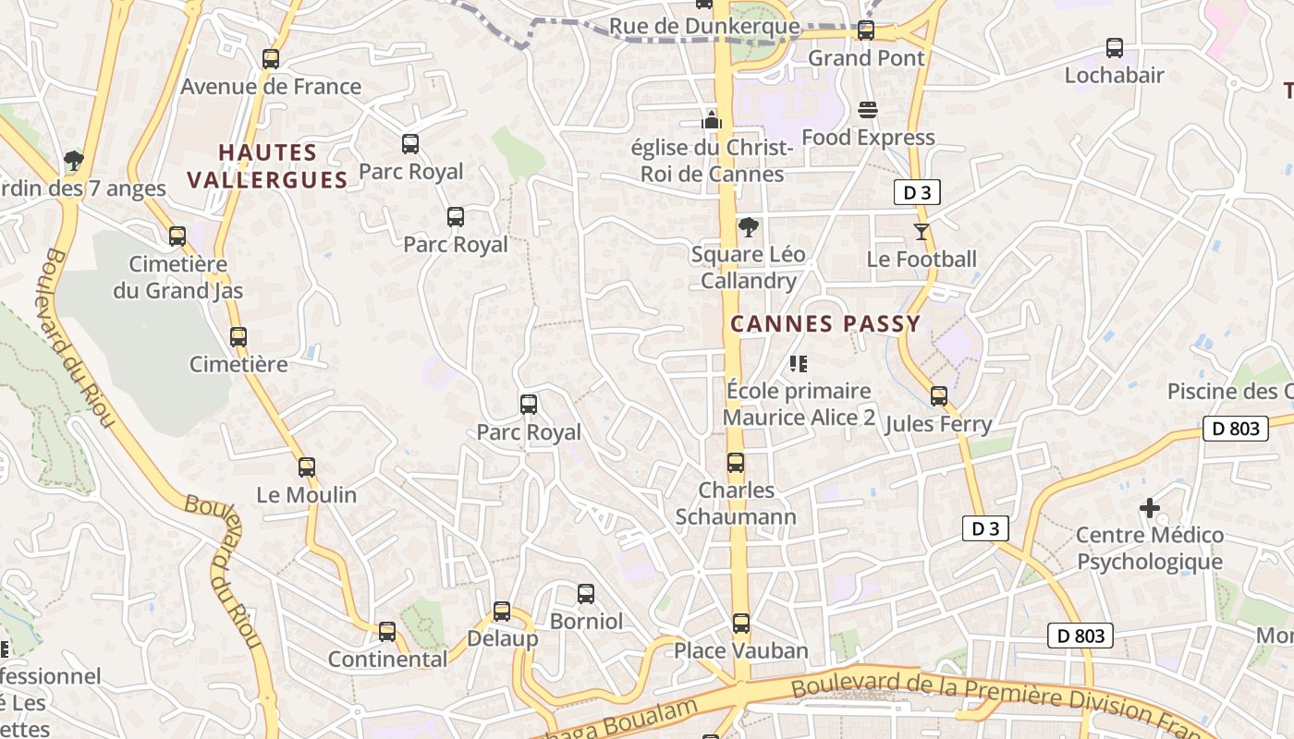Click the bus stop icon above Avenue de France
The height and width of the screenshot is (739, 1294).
270,59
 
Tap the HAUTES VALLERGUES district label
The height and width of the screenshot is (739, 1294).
267,166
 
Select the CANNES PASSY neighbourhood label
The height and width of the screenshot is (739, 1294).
825,324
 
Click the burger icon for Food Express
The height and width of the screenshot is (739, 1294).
867,110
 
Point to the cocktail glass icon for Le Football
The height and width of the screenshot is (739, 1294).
921,231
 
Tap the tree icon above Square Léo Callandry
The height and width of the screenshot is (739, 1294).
749,226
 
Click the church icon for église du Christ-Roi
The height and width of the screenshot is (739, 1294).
711,119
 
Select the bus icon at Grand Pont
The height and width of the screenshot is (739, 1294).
865,30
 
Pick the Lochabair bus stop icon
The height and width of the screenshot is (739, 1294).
1114,48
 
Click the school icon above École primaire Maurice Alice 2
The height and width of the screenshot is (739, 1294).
799,363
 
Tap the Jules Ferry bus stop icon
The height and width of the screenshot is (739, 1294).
938,396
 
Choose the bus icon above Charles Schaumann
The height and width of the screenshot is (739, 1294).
735,463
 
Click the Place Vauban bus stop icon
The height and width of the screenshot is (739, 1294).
740,624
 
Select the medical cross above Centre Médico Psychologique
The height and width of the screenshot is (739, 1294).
1149,507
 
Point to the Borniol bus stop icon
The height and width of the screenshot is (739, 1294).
585,594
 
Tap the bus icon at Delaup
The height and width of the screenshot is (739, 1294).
501,612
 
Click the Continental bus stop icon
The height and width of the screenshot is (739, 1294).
386,632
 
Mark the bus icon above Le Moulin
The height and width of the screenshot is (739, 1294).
306,467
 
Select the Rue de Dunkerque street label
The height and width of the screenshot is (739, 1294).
703,26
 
